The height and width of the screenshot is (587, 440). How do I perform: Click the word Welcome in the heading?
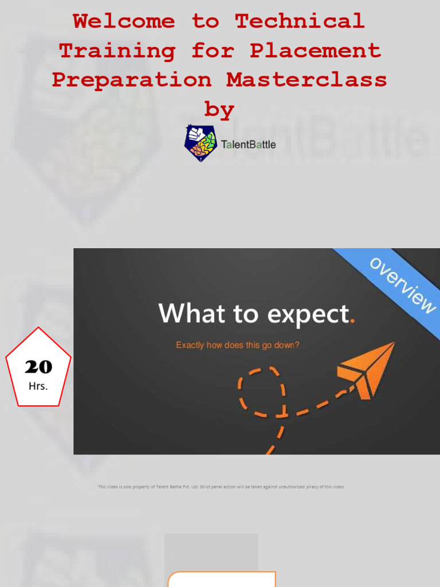point(124,21)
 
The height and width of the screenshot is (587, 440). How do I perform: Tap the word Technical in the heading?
point(300,21)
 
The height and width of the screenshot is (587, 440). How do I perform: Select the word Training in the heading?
point(117,51)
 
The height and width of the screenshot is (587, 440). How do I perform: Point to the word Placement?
point(316,50)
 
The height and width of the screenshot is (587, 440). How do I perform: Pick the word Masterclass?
point(307,80)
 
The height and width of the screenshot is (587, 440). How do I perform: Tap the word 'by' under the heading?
point(219,109)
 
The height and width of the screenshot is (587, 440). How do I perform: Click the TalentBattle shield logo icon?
point(201,143)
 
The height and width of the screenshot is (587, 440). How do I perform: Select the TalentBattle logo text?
point(249,144)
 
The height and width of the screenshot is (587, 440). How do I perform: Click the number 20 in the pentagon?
point(38,367)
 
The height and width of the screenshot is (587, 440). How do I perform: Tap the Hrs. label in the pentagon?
point(38,386)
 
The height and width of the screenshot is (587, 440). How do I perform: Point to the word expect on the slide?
point(308,315)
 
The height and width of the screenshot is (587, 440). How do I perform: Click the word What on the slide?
point(192,313)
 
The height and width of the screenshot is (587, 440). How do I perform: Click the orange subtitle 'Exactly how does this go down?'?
point(238,345)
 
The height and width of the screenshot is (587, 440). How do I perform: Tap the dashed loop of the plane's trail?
point(262,392)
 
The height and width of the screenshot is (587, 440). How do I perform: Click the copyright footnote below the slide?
point(221,487)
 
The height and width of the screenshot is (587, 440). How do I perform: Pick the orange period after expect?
point(352,321)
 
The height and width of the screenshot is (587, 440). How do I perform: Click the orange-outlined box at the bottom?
point(222,579)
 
